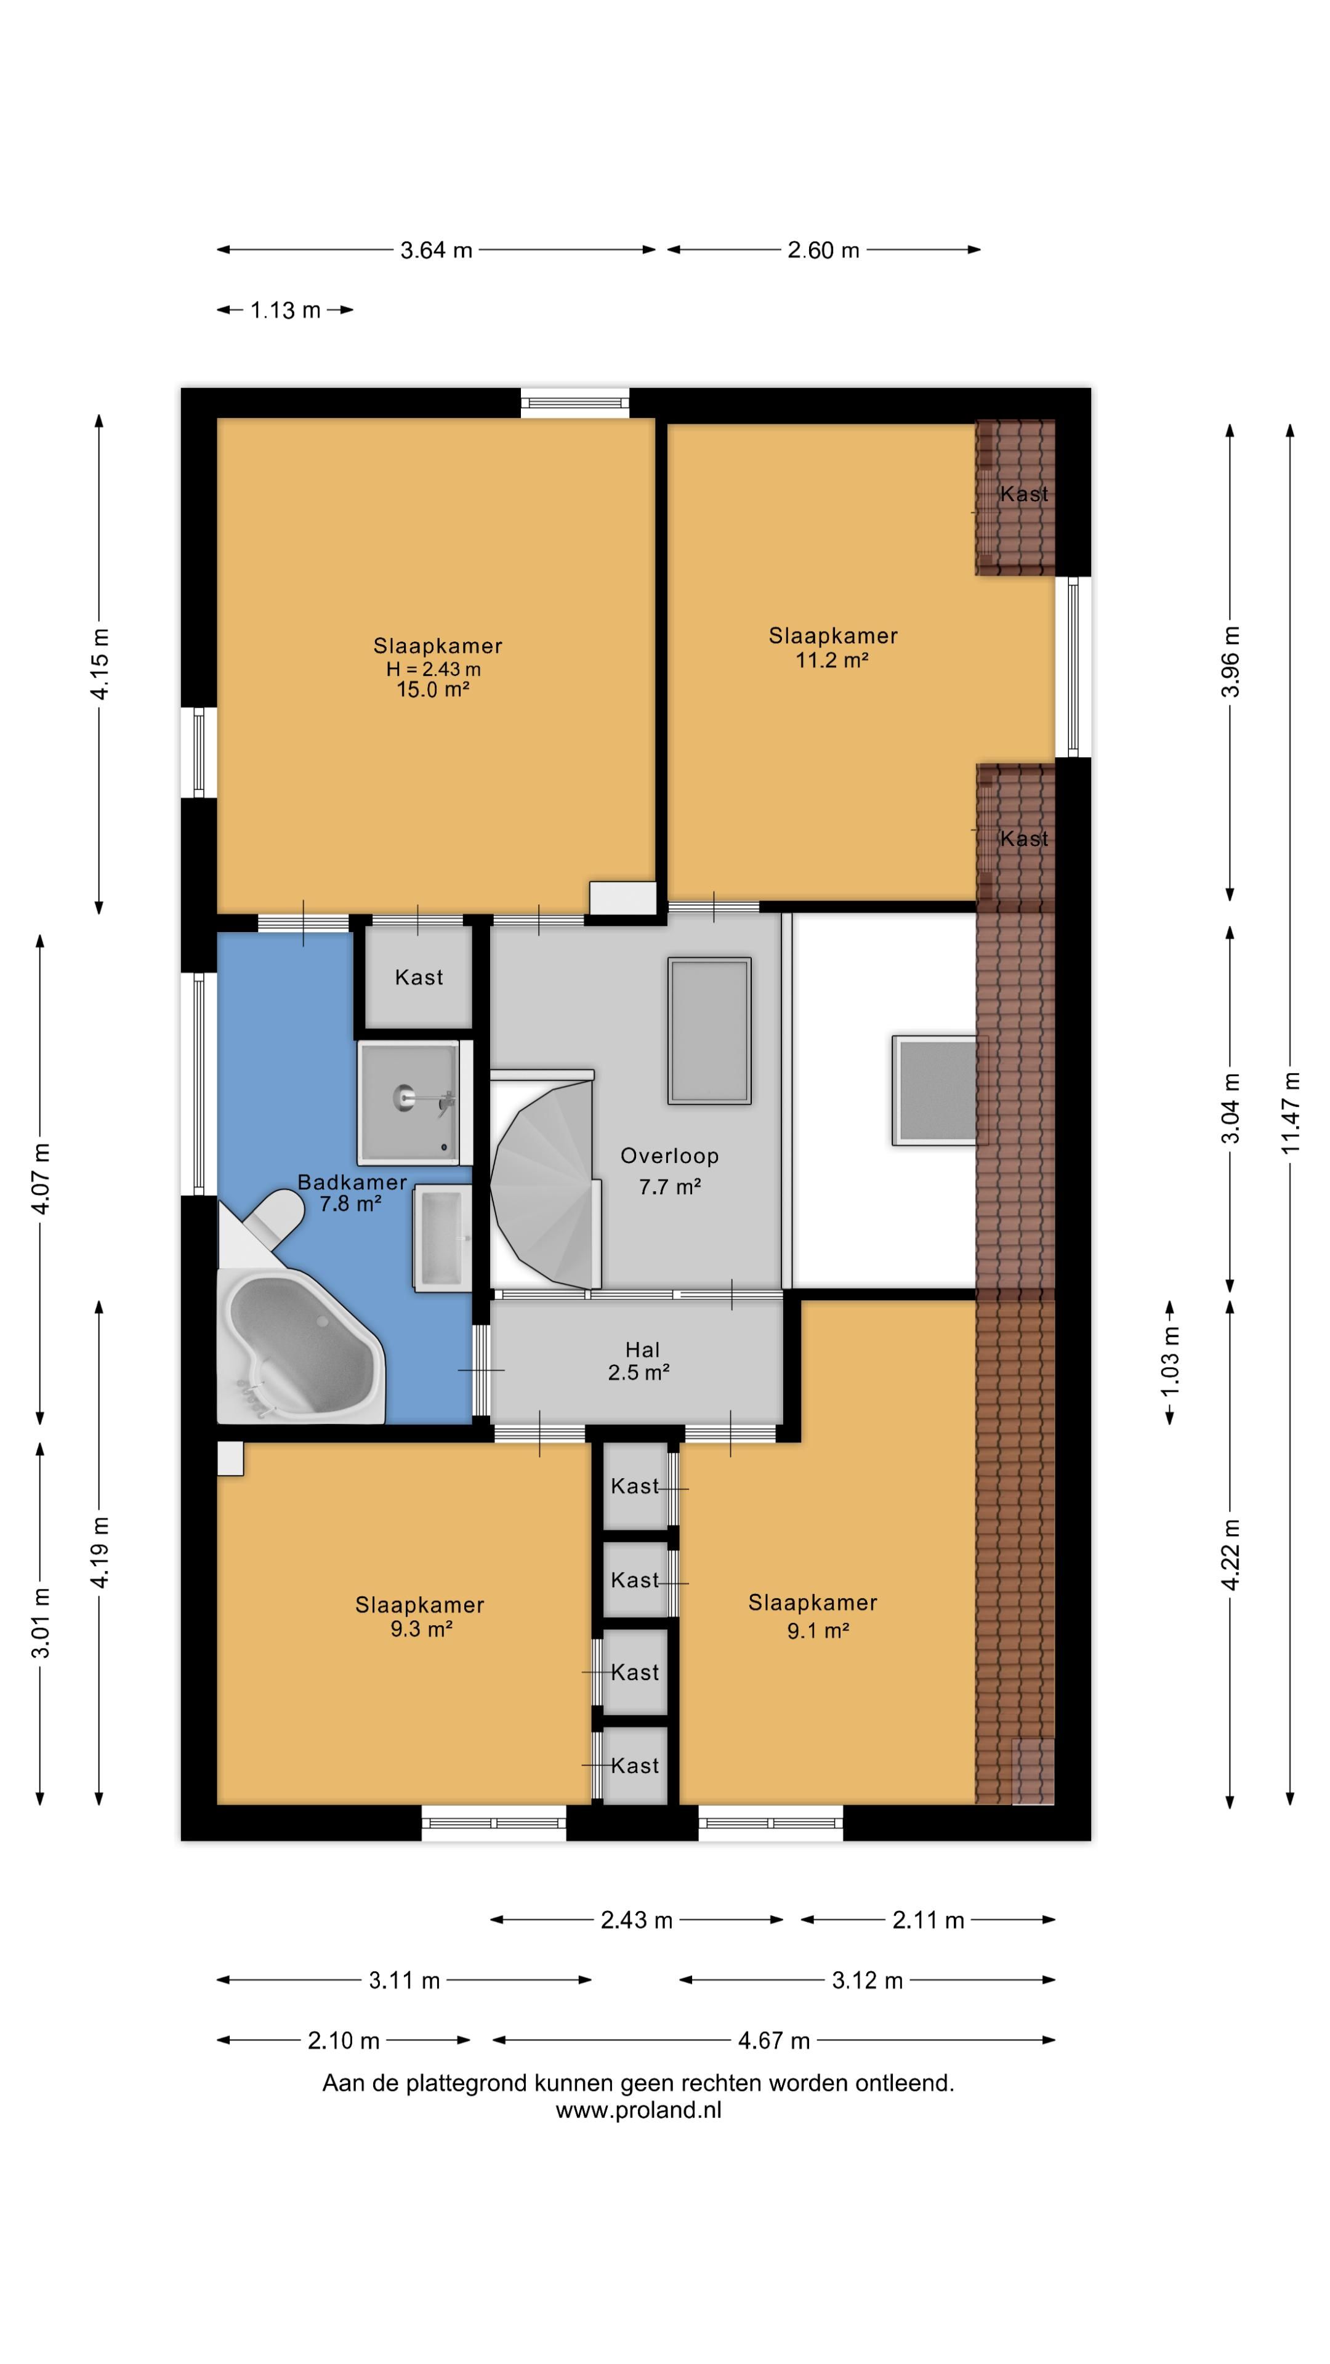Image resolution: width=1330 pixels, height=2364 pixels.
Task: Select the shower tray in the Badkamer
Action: [408, 1102]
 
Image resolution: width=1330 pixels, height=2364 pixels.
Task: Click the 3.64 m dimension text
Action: [436, 249]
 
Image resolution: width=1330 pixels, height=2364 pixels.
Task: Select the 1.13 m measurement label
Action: [286, 310]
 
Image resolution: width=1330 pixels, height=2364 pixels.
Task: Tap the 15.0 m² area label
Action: [433, 690]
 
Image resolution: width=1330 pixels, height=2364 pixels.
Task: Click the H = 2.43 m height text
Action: [433, 669]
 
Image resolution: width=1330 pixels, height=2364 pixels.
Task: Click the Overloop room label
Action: [669, 1156]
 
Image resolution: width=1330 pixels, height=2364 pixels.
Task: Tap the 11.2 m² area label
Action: [832, 660]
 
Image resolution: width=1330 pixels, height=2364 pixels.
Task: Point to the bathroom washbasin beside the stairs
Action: [443, 1237]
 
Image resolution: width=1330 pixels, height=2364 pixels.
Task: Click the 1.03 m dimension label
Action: [1171, 1363]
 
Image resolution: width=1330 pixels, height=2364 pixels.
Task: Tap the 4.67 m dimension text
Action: [774, 2041]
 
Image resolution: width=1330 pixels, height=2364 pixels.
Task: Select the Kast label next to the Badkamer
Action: [419, 978]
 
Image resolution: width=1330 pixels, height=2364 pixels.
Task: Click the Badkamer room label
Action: [352, 1183]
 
